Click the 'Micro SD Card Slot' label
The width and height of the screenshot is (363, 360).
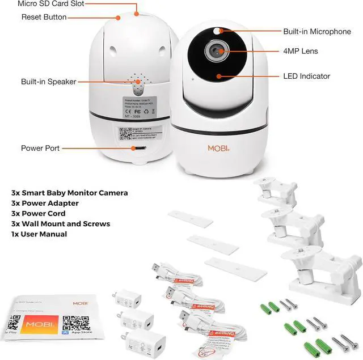click(51, 3)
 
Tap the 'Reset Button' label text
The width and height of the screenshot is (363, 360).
click(44, 17)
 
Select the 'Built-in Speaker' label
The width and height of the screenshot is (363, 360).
click(48, 82)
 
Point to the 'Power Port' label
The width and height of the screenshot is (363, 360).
click(40, 149)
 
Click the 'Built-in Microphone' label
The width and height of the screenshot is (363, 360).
click(316, 32)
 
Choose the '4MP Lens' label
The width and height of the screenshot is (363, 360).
click(301, 52)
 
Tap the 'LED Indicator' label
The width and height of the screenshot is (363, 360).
click(306, 76)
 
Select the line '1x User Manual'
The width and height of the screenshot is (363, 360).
click(39, 234)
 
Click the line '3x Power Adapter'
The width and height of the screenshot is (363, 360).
click(45, 203)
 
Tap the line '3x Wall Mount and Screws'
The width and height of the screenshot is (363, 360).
click(61, 224)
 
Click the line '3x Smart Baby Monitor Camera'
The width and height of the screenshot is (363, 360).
click(70, 193)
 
